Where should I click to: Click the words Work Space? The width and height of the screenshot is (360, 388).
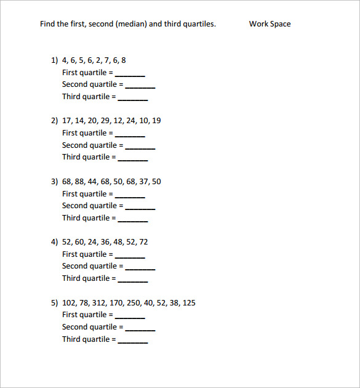(x=270, y=24)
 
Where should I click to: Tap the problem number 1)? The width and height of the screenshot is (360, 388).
(x=54, y=60)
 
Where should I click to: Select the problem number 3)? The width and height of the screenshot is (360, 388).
(x=54, y=182)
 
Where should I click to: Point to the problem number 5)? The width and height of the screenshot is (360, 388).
(x=54, y=303)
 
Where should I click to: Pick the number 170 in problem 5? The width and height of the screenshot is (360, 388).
(x=117, y=303)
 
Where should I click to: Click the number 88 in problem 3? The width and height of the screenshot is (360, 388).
(x=79, y=182)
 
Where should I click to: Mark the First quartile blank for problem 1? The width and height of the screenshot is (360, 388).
(x=130, y=74)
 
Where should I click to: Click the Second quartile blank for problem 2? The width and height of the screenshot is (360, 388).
(x=140, y=147)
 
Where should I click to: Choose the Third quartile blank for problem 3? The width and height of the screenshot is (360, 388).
(x=133, y=219)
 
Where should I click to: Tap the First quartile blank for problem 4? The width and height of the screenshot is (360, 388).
(x=130, y=256)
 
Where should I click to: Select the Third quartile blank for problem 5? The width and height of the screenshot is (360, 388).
(x=133, y=341)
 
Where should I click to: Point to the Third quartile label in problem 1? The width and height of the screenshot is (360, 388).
(x=86, y=97)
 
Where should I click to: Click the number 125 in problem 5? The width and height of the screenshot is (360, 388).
(x=190, y=303)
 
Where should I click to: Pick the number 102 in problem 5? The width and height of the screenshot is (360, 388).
(x=69, y=303)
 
